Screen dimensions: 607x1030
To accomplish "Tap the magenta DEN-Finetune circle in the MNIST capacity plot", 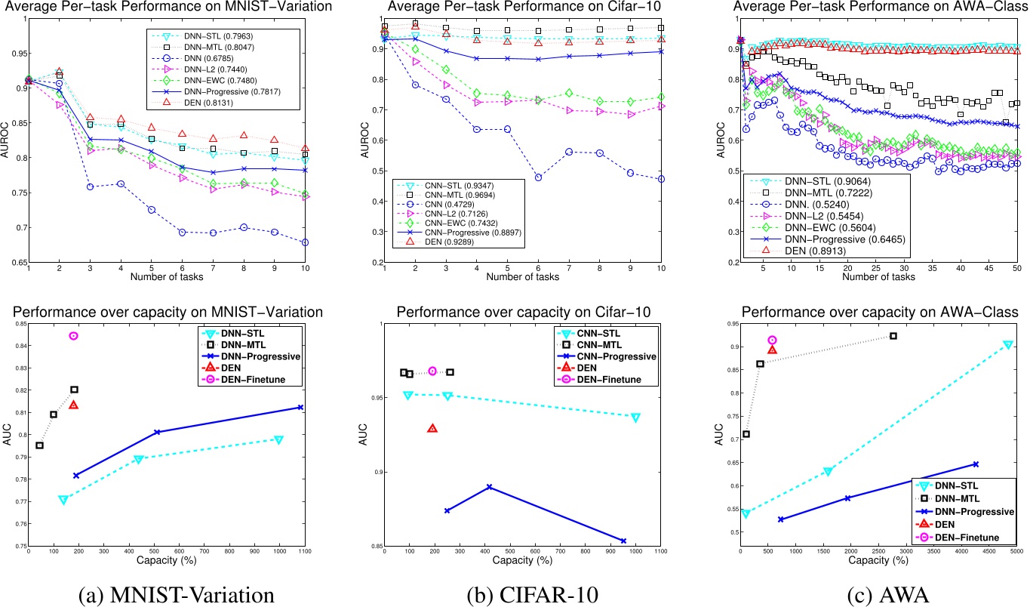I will (x=73, y=336).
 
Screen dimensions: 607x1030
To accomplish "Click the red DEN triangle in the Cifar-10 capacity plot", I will (x=432, y=428).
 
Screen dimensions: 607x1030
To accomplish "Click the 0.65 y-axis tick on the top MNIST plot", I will (x=14, y=263).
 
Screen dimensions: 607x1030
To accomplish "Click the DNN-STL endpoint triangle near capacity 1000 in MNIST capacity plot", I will (x=278, y=439).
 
